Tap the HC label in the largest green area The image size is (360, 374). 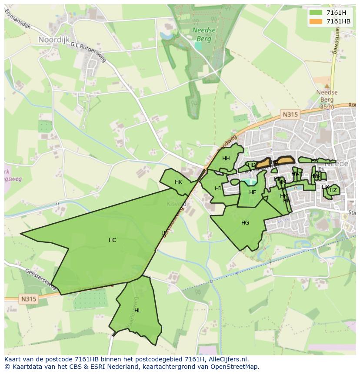(112, 240)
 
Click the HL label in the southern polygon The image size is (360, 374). (137, 311)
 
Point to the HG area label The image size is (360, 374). (245, 223)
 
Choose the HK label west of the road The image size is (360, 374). (178, 182)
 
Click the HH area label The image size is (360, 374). (226, 159)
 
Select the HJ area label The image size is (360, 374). (218, 189)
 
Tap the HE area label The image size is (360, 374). (253, 192)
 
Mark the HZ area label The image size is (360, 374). (333, 190)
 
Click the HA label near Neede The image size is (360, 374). (314, 161)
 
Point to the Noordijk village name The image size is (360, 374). (54, 40)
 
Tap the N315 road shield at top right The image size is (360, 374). (290, 115)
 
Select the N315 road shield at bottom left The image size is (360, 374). (28, 299)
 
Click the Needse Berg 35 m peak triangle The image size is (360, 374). (327, 86)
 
